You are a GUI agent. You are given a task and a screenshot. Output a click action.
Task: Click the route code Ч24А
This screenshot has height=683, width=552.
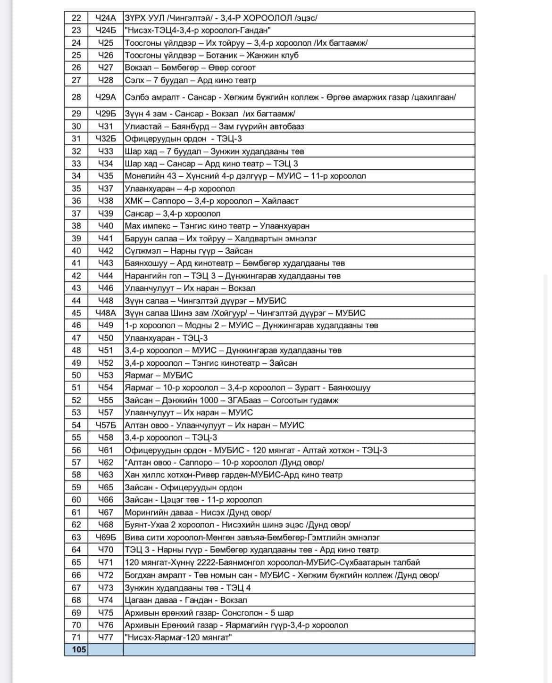tap(105, 18)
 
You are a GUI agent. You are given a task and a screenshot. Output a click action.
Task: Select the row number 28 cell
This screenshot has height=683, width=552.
tap(76, 97)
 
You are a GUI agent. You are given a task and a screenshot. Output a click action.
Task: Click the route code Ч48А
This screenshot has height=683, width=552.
tap(105, 313)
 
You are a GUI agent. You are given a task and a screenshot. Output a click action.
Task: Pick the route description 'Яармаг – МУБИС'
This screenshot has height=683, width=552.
tap(159, 375)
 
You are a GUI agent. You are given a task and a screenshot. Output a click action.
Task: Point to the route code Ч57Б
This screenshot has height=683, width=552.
tap(105, 425)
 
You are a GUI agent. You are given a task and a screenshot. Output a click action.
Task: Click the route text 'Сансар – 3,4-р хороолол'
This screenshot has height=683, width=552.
tap(172, 214)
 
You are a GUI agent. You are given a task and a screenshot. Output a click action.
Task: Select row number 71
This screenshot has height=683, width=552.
tap(76, 637)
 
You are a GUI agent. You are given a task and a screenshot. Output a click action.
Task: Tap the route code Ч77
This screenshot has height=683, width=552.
tap(105, 637)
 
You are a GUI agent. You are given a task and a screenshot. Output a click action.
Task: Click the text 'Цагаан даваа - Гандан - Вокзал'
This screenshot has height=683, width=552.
tap(186, 600)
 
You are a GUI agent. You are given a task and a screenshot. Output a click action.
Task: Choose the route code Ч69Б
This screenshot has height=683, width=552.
tap(105, 537)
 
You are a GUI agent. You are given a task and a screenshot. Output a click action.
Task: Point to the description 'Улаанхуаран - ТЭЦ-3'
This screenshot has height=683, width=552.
tap(166, 338)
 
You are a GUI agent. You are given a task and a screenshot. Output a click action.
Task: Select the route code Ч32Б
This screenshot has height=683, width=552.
tap(105, 139)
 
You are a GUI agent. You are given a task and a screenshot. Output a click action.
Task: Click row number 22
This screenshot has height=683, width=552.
tap(76, 18)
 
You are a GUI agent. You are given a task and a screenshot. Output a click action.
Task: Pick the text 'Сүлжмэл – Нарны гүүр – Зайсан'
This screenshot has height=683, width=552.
tap(189, 251)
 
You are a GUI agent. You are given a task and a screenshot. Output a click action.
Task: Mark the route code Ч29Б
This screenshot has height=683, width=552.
tap(105, 114)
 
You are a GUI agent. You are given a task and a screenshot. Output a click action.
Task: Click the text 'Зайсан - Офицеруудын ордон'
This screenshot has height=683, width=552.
tap(184, 487)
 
